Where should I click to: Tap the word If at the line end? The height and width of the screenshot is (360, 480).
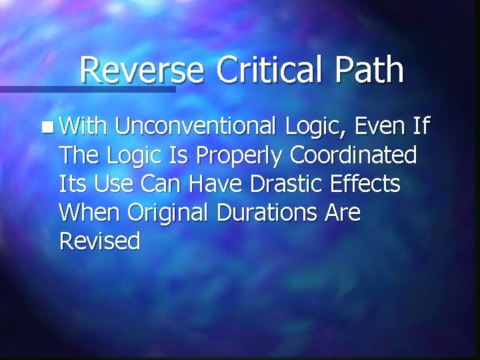click(x=423, y=126)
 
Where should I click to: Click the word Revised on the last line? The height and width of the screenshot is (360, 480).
click(x=100, y=241)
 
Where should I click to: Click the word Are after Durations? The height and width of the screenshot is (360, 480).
click(x=341, y=213)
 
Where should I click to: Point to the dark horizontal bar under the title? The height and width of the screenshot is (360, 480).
click(x=87, y=88)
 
